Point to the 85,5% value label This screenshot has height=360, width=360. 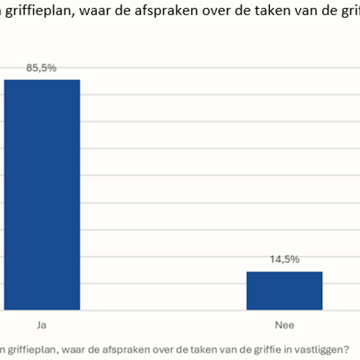click(x=41, y=68)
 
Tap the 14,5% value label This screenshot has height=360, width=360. click(x=284, y=260)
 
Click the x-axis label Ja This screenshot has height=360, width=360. click(x=42, y=325)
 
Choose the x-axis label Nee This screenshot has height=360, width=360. click(x=284, y=325)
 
